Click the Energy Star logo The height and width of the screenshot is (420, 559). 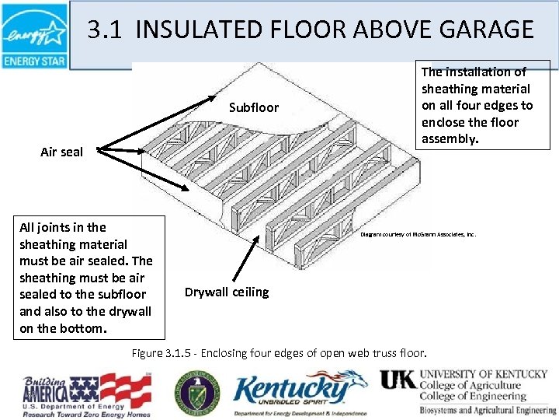[x=34, y=35]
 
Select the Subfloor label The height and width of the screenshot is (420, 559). [x=253, y=107]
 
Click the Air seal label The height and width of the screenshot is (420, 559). [x=61, y=152]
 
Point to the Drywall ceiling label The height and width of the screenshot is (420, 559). [x=227, y=292]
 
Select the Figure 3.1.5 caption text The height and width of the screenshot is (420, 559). [x=279, y=353]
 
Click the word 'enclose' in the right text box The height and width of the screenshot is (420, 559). [x=442, y=122]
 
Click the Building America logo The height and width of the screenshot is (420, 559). [x=85, y=392]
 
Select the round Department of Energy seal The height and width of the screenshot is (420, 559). [x=196, y=391]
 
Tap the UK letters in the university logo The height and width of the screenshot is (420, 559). [x=397, y=380]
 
